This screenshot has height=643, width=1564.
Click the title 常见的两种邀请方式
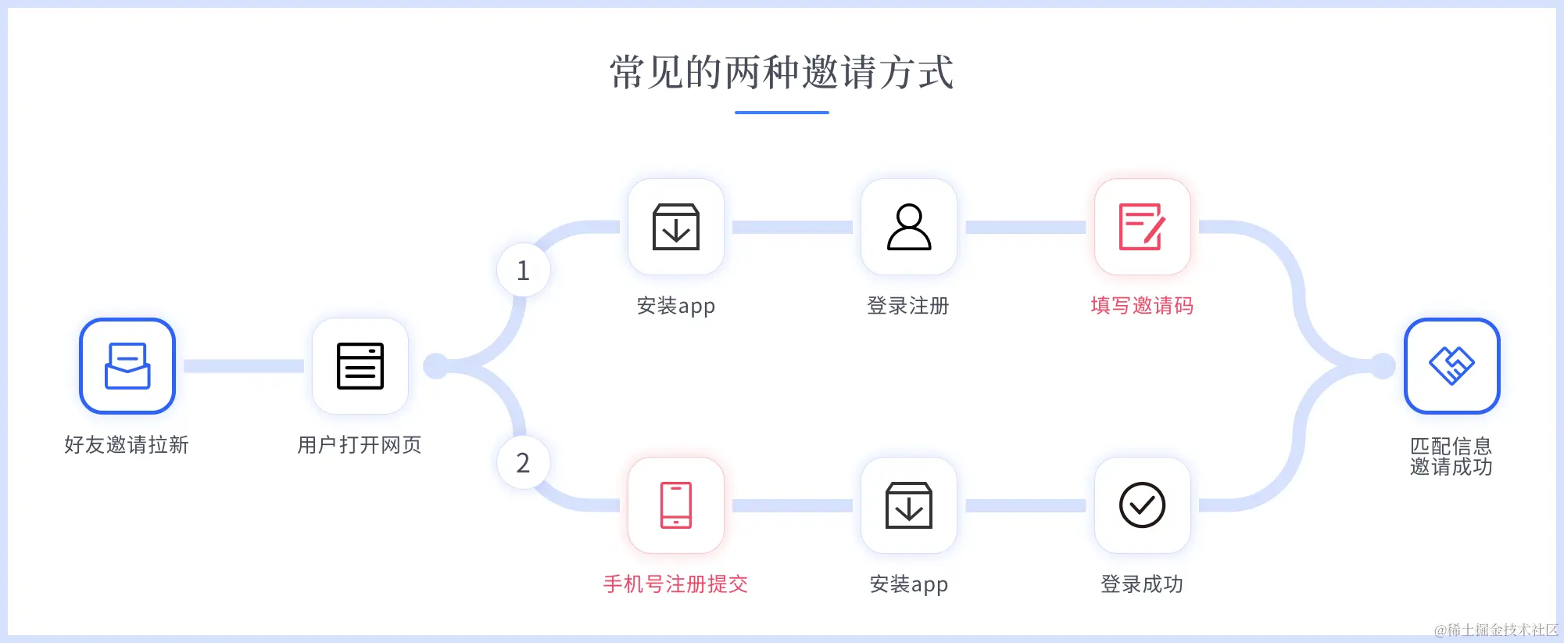pyautogui.click(x=782, y=73)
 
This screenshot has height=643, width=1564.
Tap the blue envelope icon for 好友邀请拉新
pyautogui.click(x=127, y=366)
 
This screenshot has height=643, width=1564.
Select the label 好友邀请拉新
pyautogui.click(x=127, y=445)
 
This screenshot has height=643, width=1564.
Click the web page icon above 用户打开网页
pyautogui.click(x=360, y=366)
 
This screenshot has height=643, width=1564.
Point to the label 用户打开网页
pyautogui.click(x=360, y=445)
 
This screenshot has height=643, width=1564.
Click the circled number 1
pyautogui.click(x=524, y=271)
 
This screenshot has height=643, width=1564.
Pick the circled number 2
pyautogui.click(x=524, y=463)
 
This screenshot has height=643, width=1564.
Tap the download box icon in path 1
pyautogui.click(x=676, y=227)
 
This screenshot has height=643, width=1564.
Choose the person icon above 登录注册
pyautogui.click(x=909, y=227)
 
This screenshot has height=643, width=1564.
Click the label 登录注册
pyautogui.click(x=908, y=306)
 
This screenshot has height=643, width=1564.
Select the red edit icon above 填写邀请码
pyautogui.click(x=1142, y=227)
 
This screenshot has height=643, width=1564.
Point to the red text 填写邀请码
pyautogui.click(x=1142, y=306)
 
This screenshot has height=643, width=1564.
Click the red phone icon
pyautogui.click(x=676, y=505)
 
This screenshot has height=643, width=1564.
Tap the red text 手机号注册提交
pyautogui.click(x=676, y=584)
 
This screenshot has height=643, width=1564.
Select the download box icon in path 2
pyautogui.click(x=909, y=505)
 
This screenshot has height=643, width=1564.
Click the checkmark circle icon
pyautogui.click(x=1142, y=505)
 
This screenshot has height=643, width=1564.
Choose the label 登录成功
pyautogui.click(x=1142, y=584)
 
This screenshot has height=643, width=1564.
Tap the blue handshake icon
pyautogui.click(x=1451, y=366)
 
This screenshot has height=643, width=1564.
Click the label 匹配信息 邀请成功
pyautogui.click(x=1451, y=457)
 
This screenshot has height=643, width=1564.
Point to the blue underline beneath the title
pyautogui.click(x=782, y=113)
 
